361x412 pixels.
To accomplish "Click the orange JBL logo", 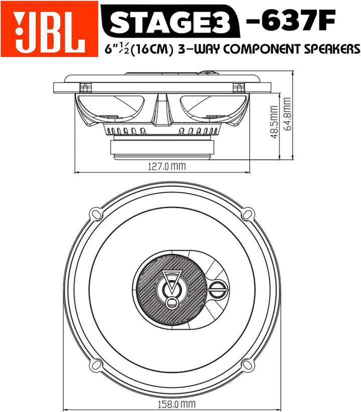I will pyautogui.click(x=49, y=29).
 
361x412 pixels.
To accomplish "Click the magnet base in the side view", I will pyautogui.click(x=162, y=149).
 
